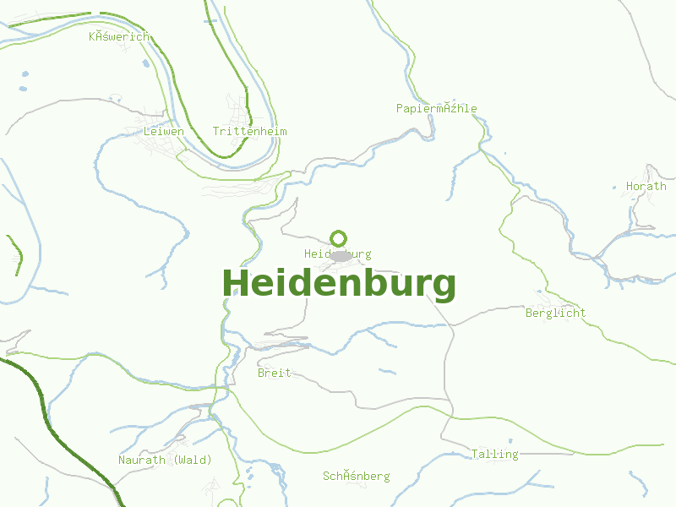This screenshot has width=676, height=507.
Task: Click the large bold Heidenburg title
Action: pos(339,284)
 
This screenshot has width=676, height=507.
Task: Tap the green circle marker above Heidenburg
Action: pos(339,238)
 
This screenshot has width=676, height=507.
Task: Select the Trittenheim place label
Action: pos(249,132)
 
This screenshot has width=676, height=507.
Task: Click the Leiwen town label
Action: pos(164,132)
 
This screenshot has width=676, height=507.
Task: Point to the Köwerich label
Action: pos(119,36)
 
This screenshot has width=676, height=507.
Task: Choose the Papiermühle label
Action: pos(436,109)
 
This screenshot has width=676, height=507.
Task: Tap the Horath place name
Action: pos(646,186)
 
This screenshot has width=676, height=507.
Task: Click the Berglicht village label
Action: pos(555,313)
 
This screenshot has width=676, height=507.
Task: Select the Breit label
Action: pos(274,373)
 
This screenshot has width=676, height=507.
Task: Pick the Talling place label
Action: pos(494,455)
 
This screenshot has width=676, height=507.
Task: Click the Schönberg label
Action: pos(356,477)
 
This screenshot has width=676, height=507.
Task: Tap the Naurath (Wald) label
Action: pos(165,460)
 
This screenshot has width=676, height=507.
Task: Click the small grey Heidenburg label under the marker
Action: pos(337,254)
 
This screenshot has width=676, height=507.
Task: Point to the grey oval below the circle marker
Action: pos(341,256)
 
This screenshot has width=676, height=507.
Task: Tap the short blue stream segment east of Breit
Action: pos(387,370)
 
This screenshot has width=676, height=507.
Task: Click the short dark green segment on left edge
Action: pos(15,254)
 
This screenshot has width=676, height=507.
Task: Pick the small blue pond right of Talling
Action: pos(509,440)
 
